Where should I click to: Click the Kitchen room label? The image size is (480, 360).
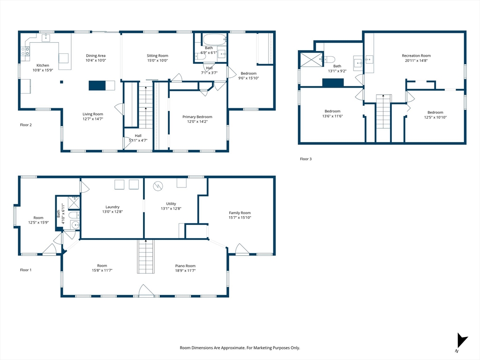pyautogui.click(x=43, y=65)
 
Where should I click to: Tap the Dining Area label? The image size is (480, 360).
pyautogui.click(x=96, y=56)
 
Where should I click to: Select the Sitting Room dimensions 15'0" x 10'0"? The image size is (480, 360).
pyautogui.click(x=157, y=60)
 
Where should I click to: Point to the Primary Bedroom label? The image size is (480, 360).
pyautogui.click(x=197, y=117)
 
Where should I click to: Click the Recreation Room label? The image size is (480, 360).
pyautogui.click(x=416, y=56)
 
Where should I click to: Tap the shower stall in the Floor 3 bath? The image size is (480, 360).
pyautogui.click(x=311, y=60)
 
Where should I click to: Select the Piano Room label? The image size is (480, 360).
pyautogui.click(x=185, y=266)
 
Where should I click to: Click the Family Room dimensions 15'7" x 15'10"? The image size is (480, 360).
pyautogui.click(x=240, y=217)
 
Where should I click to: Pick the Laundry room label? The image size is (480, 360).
pyautogui.click(x=112, y=207)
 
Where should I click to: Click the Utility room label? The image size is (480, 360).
pyautogui.click(x=171, y=203)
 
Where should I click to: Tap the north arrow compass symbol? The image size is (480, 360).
pyautogui.click(x=462, y=341)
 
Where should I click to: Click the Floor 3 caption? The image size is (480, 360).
pyautogui.click(x=306, y=159)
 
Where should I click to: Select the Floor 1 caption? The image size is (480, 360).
pyautogui.click(x=26, y=270)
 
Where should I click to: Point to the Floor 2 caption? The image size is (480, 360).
pyautogui.click(x=26, y=125)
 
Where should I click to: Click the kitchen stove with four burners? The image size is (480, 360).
pyautogui.click(x=25, y=52)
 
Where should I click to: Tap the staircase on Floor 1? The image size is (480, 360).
pyautogui.click(x=146, y=256)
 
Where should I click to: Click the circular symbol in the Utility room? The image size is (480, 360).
pyautogui.click(x=158, y=186)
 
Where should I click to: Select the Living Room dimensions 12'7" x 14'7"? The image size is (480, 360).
pyautogui.click(x=93, y=119)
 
